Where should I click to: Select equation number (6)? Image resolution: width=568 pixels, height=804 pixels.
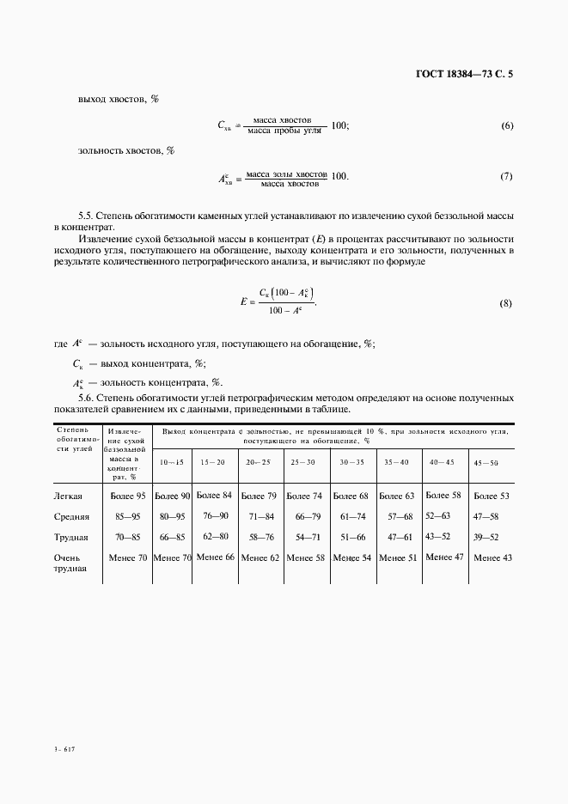pyautogui.click(x=506, y=126)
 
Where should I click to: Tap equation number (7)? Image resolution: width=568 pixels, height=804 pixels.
pyautogui.click(x=506, y=177)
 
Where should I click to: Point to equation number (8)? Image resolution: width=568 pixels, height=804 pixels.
pyautogui.click(x=506, y=304)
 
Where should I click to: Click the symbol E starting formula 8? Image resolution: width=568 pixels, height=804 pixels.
pyautogui.click(x=244, y=302)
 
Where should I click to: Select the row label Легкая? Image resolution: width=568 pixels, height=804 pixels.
pyautogui.click(x=68, y=496)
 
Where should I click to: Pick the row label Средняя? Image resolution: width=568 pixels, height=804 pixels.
pyautogui.click(x=71, y=517)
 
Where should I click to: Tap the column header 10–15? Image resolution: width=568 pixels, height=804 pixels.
pyautogui.click(x=172, y=462)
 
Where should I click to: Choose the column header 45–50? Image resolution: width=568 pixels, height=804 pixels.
pyautogui.click(x=486, y=463)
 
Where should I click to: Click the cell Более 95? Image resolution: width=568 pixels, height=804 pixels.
pyautogui.click(x=128, y=496)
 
